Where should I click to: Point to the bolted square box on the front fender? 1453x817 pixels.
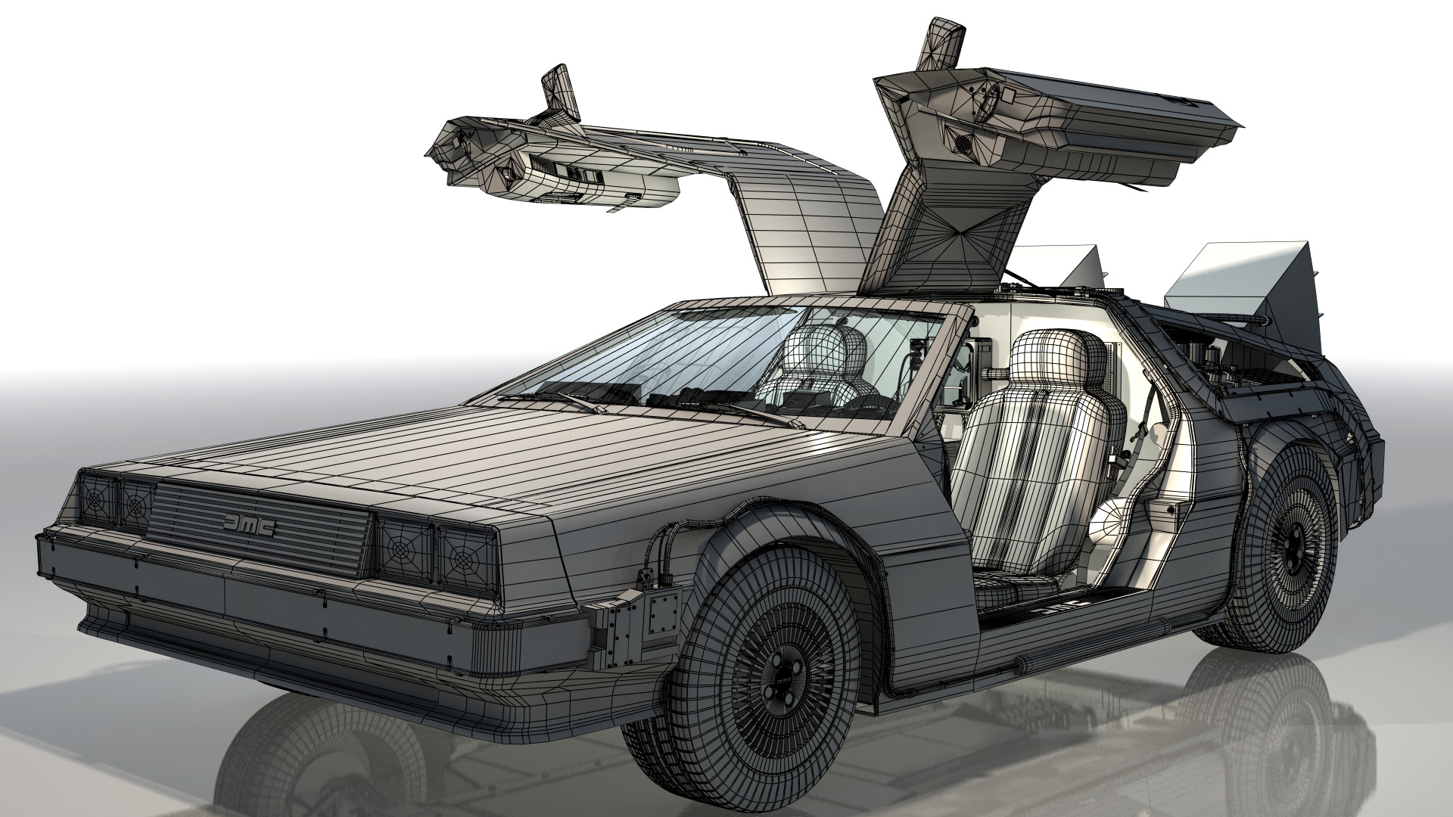(664, 607)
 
